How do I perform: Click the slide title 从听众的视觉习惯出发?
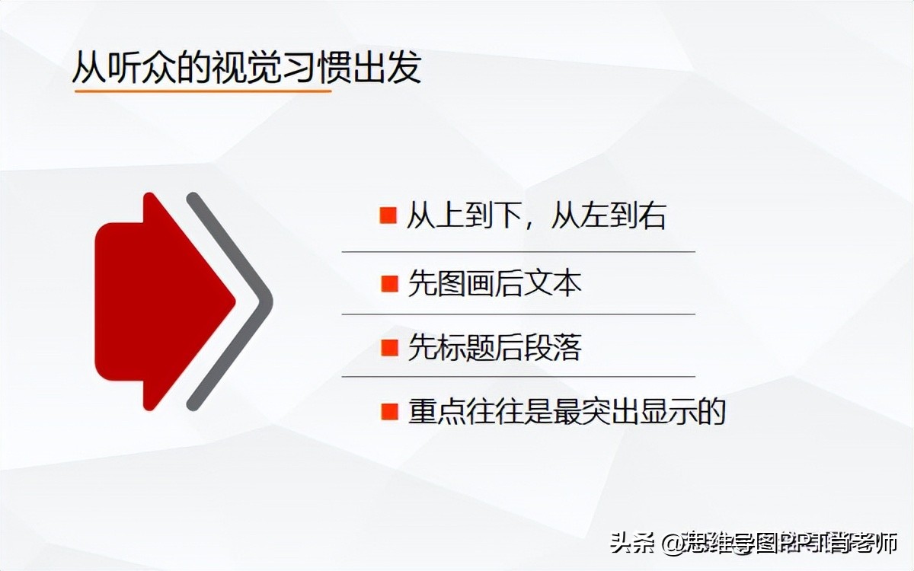246,68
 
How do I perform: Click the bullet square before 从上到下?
388,216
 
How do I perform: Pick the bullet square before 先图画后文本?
388,284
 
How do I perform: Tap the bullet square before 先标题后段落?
388,348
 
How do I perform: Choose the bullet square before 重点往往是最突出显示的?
388,412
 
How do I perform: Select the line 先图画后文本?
494,284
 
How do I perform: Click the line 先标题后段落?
494,348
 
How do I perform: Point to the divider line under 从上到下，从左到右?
518,251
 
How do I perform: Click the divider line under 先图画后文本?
518,314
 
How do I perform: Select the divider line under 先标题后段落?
518,376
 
